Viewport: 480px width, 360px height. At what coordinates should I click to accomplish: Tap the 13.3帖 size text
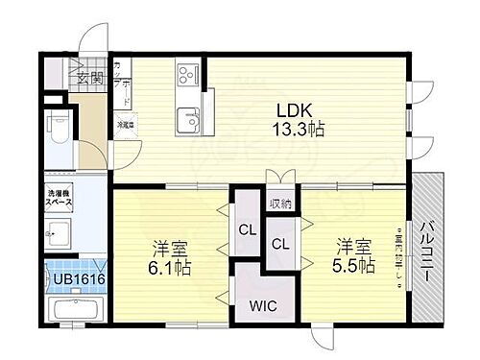(299, 130)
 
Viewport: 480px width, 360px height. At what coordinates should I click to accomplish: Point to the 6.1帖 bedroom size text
(170, 269)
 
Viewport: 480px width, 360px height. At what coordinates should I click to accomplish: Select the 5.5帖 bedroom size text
(354, 265)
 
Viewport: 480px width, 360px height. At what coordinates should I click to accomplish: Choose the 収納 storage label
(281, 204)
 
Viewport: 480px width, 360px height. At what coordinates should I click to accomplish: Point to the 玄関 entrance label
(90, 79)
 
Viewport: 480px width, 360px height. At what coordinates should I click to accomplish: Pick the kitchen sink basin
(187, 121)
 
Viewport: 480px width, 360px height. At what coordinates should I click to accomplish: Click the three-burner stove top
(185, 73)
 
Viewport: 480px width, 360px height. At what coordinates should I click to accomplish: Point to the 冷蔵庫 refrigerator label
(126, 123)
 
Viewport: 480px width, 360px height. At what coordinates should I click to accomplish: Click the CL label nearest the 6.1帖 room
(247, 229)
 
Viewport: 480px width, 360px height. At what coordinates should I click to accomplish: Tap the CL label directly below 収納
(281, 243)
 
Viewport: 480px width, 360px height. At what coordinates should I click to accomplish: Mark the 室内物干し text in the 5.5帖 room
(396, 254)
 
